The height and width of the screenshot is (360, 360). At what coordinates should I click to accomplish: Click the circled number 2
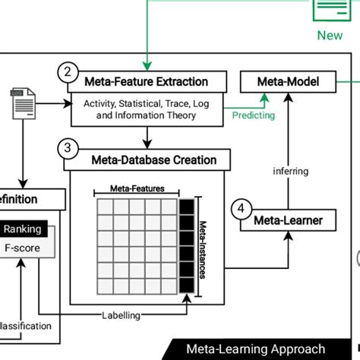click(x=68, y=72)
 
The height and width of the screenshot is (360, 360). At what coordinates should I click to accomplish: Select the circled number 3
click(x=68, y=149)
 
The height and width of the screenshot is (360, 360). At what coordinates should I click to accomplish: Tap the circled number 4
click(x=241, y=210)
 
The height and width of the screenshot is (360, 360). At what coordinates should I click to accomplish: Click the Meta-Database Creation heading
click(x=153, y=159)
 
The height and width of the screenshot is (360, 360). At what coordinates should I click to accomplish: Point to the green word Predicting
click(x=254, y=115)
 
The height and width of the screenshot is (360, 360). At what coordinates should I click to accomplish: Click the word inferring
click(x=291, y=171)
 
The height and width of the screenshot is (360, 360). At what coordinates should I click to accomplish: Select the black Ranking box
click(x=23, y=229)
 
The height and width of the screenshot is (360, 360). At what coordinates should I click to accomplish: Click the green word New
click(x=330, y=35)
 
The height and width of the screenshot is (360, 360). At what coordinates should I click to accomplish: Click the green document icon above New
click(x=330, y=10)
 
